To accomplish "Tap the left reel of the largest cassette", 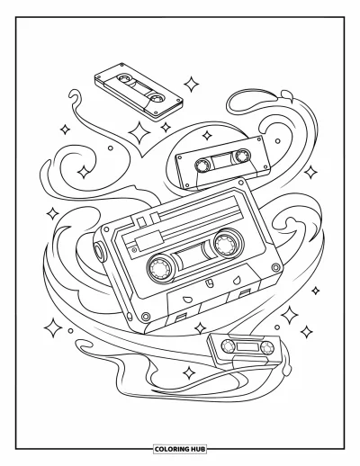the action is click(x=160, y=268).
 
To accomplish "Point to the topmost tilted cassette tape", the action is click(x=139, y=92).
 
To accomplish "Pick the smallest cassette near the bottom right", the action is click(x=245, y=348).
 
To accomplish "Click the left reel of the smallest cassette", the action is click(x=228, y=345).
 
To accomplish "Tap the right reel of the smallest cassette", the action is click(x=266, y=347).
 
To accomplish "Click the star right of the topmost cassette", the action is click(x=191, y=85).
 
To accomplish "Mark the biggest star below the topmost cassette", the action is click(x=139, y=132).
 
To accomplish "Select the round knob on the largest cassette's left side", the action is click(x=99, y=249).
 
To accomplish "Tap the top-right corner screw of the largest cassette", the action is click(x=240, y=182).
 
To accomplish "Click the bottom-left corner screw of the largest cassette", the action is click(x=146, y=316).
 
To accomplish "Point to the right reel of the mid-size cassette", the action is click(x=242, y=156).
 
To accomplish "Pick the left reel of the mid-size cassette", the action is click(x=202, y=165).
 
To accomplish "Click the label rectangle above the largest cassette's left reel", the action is click(x=148, y=240).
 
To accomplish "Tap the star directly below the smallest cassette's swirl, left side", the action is click(x=189, y=372).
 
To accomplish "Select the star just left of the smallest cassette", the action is click(x=201, y=327).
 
